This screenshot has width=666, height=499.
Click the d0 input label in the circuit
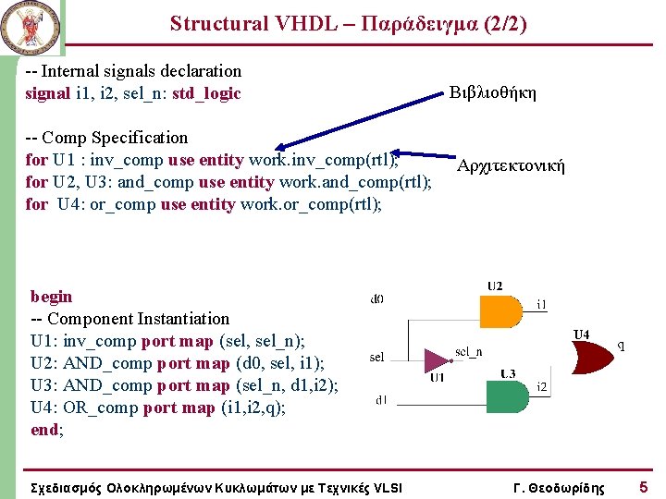click(x=376, y=298)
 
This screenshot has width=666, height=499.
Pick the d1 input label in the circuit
click(x=380, y=400)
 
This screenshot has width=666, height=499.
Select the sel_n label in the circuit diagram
click(x=469, y=352)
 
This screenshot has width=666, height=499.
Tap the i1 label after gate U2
click(x=542, y=303)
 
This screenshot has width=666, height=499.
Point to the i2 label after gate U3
click(x=542, y=385)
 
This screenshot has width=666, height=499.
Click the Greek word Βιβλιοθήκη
click(x=492, y=92)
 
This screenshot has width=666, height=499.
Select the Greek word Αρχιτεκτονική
click(x=511, y=166)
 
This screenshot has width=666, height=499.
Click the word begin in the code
click(x=51, y=297)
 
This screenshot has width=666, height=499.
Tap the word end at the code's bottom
click(x=45, y=430)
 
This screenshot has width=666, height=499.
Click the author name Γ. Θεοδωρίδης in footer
click(x=559, y=487)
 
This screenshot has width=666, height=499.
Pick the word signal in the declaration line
click(x=48, y=93)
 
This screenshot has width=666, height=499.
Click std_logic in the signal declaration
click(x=206, y=93)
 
